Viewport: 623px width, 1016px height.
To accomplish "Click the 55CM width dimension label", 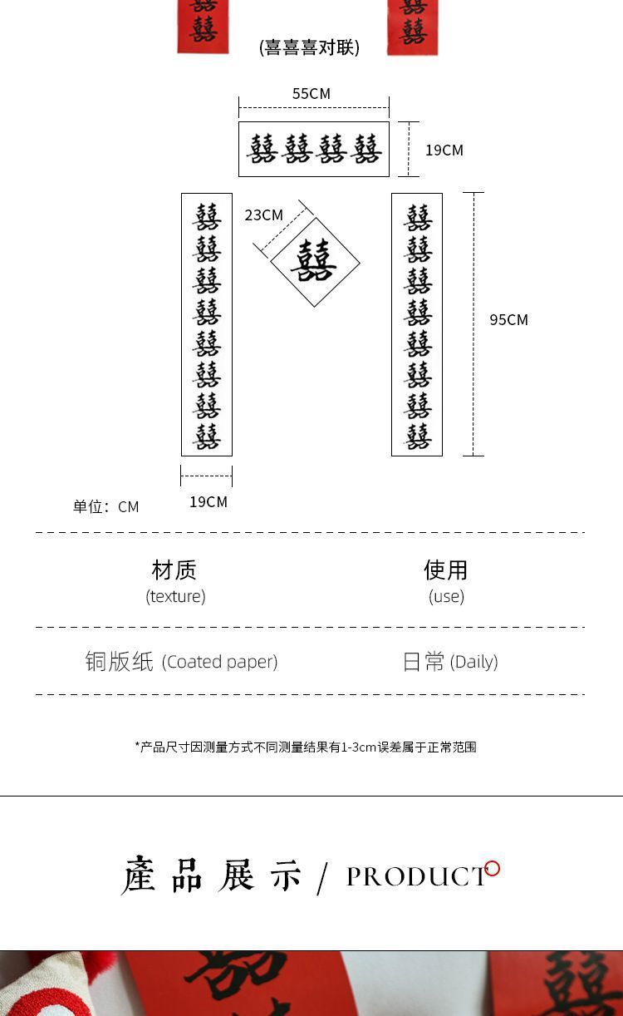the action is pos(311,94).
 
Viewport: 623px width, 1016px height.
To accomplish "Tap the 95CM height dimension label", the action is pos(508,320).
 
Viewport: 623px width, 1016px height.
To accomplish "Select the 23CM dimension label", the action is pos(263,215).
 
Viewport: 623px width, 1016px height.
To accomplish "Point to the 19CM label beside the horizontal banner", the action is pos(444,150).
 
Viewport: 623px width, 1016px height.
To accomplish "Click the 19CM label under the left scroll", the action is pos(208,502).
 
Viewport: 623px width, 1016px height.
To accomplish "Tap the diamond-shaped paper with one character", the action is pos(315,262).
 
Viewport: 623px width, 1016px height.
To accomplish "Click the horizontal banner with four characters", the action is pos(314,150).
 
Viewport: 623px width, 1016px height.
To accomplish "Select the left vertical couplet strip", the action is pos(207,324).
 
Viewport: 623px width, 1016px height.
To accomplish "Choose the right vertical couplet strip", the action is pos(417,324).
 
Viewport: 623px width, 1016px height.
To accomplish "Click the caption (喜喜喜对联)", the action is pos(309,47).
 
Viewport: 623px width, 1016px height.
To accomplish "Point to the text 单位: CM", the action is pos(105,507).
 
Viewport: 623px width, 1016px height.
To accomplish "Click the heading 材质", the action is pos(174,570).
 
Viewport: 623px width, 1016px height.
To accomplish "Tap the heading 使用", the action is pos(446,570).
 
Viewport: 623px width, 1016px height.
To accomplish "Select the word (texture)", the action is pos(175,596).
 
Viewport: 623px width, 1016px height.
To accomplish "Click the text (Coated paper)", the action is pos(219,662).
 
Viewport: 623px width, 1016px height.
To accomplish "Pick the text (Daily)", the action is pos(473,662).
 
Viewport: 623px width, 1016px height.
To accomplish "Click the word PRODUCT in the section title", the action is pos(416,876).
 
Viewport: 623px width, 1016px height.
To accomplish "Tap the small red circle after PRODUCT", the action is pos(493,869).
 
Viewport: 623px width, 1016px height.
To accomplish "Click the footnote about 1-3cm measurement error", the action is pos(306,747).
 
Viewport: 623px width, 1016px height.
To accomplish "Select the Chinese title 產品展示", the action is pos(212,875).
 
